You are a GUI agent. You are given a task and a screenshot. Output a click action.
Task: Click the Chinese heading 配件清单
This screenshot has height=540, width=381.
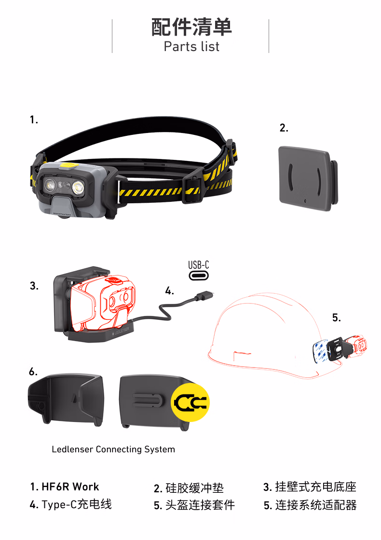[191, 27]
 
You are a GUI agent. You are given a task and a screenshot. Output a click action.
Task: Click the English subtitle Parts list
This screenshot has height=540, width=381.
[191, 47]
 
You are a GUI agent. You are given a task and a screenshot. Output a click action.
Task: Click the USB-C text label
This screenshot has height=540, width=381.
[198, 265]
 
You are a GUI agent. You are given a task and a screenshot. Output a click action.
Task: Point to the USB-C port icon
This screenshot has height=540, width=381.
[198, 276]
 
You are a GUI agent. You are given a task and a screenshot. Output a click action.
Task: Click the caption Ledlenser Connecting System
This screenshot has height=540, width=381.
[113, 449]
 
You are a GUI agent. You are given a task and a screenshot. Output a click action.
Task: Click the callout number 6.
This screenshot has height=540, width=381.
[33, 372]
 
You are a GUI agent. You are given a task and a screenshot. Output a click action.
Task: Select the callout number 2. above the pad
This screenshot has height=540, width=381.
[284, 128]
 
